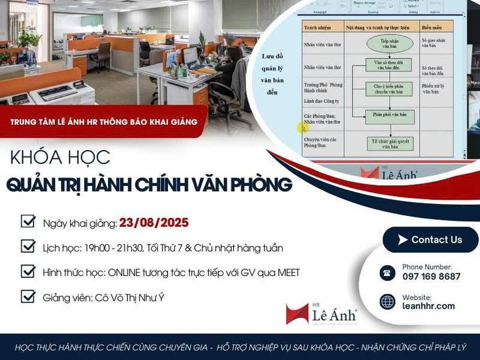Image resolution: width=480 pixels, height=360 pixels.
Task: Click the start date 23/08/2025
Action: click(154, 223)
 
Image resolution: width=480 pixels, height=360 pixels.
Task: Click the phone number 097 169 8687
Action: click(431, 276)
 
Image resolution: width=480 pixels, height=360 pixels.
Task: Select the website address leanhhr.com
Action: click(429, 306)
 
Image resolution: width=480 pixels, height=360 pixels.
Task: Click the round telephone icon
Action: click(387, 272)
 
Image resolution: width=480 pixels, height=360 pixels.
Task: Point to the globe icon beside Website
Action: click(387, 301)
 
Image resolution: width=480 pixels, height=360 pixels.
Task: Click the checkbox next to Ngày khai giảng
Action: click(28, 222)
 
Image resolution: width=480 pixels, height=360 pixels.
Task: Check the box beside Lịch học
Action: click(28, 247)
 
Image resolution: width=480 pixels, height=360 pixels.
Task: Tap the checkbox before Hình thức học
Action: click(28, 271)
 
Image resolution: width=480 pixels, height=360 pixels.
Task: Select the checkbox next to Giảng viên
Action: click(28, 297)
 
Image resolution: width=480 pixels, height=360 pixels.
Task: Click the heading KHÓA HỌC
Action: click(60, 157)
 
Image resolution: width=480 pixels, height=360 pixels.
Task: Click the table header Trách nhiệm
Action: click(319, 27)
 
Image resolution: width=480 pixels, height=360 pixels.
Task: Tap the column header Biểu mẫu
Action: click(437, 27)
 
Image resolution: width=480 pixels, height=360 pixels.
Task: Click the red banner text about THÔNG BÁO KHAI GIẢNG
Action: click(103, 121)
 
